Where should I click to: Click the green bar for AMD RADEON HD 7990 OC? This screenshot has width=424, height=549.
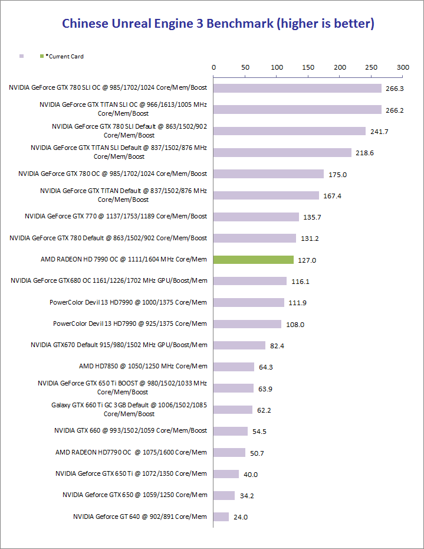(254, 260)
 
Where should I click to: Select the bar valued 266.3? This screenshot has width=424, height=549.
(297, 88)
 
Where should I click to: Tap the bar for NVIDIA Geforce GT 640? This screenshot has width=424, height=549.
(221, 517)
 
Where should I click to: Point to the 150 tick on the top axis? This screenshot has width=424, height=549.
(308, 67)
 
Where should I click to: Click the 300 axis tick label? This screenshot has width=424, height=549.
(403, 67)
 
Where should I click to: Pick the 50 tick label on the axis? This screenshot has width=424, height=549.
(245, 67)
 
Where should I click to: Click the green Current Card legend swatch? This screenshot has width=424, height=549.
(41, 57)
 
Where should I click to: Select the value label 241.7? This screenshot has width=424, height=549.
(379, 132)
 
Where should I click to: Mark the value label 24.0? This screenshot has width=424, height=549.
(241, 517)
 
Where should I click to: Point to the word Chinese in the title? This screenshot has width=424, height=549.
(85, 24)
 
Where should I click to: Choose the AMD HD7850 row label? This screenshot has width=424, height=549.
(143, 367)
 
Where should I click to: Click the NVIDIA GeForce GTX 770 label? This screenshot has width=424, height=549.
(116, 217)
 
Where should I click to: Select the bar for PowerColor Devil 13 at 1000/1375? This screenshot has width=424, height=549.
(249, 302)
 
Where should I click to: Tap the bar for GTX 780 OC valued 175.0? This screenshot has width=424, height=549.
(268, 174)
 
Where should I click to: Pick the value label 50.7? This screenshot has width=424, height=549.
(257, 453)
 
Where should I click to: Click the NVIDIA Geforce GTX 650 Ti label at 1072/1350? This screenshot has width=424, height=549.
(131, 473)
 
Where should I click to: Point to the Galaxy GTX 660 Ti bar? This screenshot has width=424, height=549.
(233, 410)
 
